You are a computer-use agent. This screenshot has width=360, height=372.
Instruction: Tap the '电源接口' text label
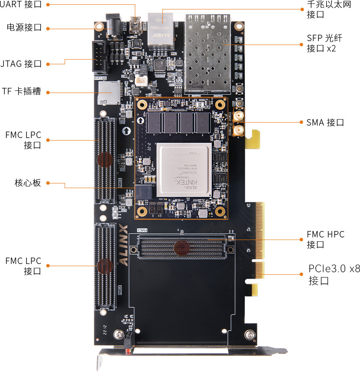pyautogui.click(x=24, y=27)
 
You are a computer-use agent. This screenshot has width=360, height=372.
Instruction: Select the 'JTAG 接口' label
pyautogui.click(x=21, y=64)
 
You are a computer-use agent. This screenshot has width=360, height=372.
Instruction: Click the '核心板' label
pyautogui.click(x=28, y=183)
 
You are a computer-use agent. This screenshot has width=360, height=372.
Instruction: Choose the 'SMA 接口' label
pyautogui.click(x=325, y=123)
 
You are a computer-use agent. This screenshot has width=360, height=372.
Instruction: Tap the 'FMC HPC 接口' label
pyautogui.click(x=325, y=240)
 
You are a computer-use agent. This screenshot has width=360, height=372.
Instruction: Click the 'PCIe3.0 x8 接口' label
pyautogui.click(x=334, y=275)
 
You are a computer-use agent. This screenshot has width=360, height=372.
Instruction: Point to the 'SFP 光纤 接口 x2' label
pyautogui.click(x=324, y=43)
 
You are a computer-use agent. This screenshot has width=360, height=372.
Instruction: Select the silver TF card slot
pyautogui.click(x=109, y=93)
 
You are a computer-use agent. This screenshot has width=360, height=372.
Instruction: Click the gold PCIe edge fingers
pyautogui.click(x=260, y=240)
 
